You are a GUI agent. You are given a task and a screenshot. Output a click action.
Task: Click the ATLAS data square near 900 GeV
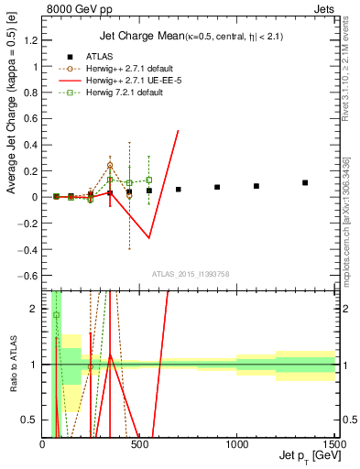pyautogui.click(x=217, y=187)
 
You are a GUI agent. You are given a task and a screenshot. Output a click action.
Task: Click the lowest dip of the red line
pyautogui.click(x=149, y=238)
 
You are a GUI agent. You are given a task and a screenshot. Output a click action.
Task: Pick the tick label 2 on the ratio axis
pyautogui.click(x=37, y=309)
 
